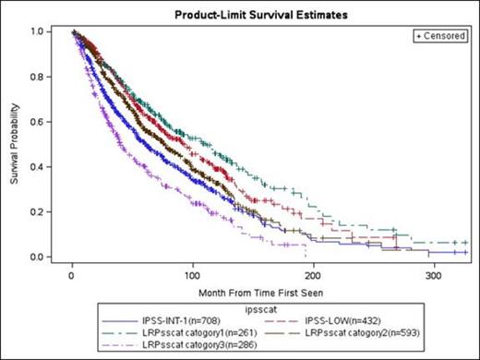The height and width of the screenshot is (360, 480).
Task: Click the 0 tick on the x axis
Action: [x=72, y=275]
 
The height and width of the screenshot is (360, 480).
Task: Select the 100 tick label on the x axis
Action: [x=193, y=275]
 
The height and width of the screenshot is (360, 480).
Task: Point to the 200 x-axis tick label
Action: [x=313, y=275]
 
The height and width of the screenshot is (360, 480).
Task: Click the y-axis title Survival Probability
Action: [x=16, y=145]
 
